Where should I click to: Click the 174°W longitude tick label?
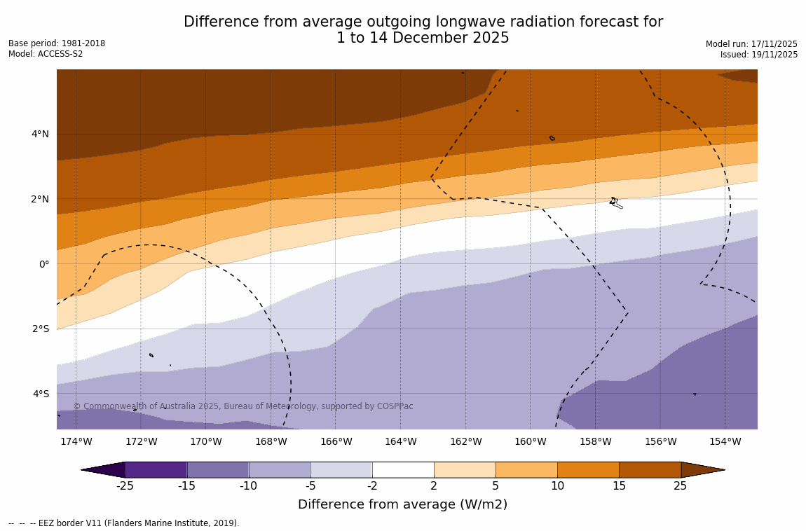click(x=76, y=441)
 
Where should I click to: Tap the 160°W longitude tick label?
click(x=530, y=441)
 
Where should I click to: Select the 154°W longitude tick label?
click(x=725, y=441)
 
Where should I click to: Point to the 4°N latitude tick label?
click(x=41, y=134)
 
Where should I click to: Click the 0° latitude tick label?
click(x=44, y=264)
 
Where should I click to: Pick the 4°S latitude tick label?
click(x=41, y=394)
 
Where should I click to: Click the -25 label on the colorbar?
click(x=125, y=486)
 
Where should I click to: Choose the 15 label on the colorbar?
click(x=619, y=486)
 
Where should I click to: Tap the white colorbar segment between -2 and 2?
click(x=403, y=469)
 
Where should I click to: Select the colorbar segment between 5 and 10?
click(x=526, y=469)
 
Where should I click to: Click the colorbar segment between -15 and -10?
click(x=218, y=469)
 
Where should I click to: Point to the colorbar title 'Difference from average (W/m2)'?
click(x=402, y=504)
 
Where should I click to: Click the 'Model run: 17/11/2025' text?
click(x=751, y=44)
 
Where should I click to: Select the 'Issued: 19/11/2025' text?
click(x=758, y=55)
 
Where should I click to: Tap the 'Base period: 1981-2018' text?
click(x=57, y=43)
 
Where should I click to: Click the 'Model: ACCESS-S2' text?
click(x=46, y=54)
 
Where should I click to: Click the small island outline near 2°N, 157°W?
click(x=615, y=202)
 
